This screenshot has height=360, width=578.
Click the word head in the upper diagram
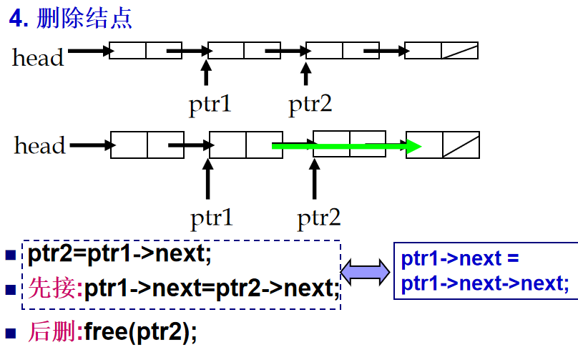pos(38,57)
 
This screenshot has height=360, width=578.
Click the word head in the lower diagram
pos(39,146)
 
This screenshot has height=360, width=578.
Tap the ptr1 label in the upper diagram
pos(210,105)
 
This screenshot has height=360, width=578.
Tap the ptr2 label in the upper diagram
pos(310,105)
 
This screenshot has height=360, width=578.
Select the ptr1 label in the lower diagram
pos(211,216)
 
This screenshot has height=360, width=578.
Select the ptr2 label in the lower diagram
pos(318,216)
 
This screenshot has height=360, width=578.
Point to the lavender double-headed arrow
pos(366,272)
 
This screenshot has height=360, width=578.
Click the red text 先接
pos(54,289)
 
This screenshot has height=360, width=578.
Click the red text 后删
pos(54,331)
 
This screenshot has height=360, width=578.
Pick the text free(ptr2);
pos(139,331)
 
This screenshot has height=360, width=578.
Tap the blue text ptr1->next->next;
pos(485,284)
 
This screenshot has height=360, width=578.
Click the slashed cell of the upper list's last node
pos(459,50)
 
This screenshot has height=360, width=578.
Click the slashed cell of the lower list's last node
pos(461,145)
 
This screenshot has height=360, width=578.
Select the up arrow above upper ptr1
pos(206,74)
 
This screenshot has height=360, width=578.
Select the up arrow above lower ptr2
pos(313,179)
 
